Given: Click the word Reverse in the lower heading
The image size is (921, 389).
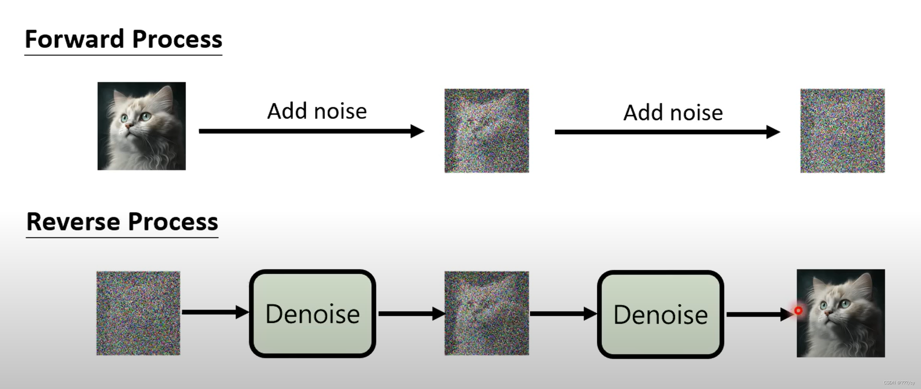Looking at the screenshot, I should (x=73, y=222).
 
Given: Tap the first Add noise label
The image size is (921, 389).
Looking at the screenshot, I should (x=317, y=111).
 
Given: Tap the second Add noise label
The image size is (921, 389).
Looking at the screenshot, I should (x=673, y=113).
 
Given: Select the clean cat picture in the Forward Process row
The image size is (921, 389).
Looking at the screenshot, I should (x=141, y=126).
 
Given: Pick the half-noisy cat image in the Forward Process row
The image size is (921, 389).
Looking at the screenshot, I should (x=487, y=131).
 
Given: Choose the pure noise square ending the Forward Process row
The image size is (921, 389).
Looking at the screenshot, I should (x=842, y=131).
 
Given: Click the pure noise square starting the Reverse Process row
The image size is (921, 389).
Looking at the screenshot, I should (x=138, y=313).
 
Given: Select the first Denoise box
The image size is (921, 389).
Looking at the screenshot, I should (x=312, y=314).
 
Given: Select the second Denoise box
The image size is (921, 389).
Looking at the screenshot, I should (x=660, y=315).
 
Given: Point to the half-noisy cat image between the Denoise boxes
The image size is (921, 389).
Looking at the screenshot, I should (x=487, y=313).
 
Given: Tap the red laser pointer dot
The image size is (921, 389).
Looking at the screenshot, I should (x=798, y=310).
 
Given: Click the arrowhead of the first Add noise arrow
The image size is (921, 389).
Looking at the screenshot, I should (x=417, y=131).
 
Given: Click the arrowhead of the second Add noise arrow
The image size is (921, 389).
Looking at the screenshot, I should (x=773, y=132).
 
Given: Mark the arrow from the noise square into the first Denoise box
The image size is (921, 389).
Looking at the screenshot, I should (x=214, y=312).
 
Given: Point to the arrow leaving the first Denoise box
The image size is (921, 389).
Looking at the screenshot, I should (x=411, y=313).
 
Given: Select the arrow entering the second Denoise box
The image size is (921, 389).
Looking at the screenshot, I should (x=563, y=313).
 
